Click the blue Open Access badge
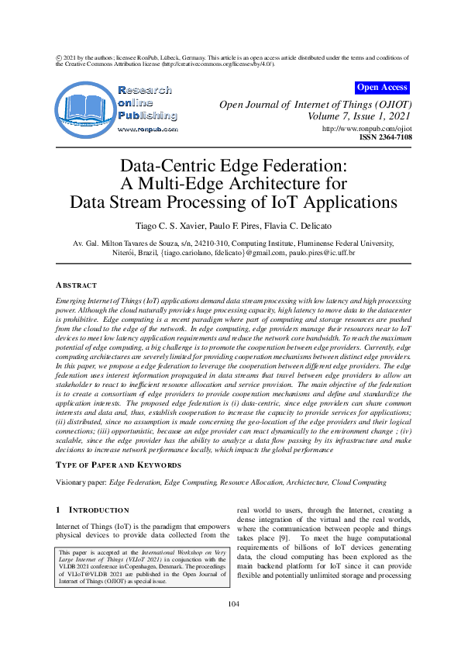pyautogui.click(x=382, y=88)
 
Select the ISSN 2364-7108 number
pyautogui.click(x=385, y=137)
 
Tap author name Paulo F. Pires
pyautogui.click(x=234, y=225)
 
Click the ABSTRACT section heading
pyautogui.click(x=77, y=285)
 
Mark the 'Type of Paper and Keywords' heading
pyautogui.click(x=119, y=465)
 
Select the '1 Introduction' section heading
pyautogui.click(x=95, y=510)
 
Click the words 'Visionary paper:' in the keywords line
pyautogui.click(x=81, y=482)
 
